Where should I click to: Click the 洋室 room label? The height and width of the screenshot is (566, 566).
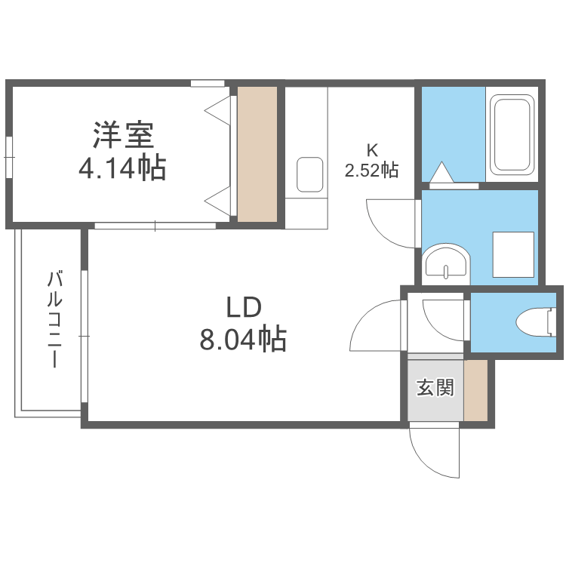(x=124, y=135)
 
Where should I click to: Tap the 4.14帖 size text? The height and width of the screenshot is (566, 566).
(x=122, y=167)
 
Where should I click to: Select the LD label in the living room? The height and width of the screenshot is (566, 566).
(x=244, y=307)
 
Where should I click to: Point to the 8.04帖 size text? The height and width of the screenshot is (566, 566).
(x=243, y=339)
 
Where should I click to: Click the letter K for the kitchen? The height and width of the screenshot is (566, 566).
(x=372, y=150)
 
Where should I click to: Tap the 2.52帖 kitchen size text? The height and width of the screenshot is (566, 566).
(x=371, y=170)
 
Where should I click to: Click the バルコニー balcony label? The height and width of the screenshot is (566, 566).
(x=55, y=320)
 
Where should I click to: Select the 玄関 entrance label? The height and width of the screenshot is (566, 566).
(x=435, y=387)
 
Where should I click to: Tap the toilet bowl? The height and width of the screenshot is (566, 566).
(x=536, y=322)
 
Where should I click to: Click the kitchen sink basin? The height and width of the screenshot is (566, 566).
(x=309, y=175)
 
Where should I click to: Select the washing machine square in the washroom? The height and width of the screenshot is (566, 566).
(x=513, y=255)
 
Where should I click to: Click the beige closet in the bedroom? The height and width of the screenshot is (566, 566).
(x=257, y=154)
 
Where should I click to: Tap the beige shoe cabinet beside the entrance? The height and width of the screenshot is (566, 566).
(x=475, y=390)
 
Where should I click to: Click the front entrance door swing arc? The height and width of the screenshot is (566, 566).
(x=426, y=461)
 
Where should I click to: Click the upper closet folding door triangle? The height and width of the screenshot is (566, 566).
(x=217, y=110)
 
